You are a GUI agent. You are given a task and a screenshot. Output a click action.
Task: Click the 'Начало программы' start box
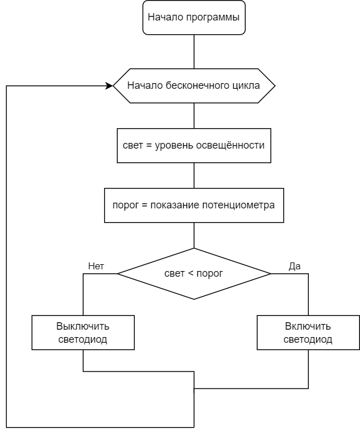click(x=194, y=17)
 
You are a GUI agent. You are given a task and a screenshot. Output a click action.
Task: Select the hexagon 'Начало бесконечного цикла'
click(x=194, y=86)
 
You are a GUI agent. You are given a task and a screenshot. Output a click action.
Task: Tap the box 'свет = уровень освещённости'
click(x=194, y=145)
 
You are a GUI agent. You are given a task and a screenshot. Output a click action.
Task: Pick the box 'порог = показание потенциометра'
click(x=194, y=205)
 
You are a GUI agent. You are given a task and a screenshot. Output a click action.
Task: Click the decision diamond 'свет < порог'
click(x=194, y=273)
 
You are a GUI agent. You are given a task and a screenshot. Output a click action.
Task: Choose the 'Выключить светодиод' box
click(x=83, y=333)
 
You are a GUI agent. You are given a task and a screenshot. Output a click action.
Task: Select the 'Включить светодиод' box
click(x=308, y=333)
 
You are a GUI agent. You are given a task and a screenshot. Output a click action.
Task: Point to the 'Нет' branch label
click(x=96, y=266)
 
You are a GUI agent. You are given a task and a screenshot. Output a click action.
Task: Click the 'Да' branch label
click(x=295, y=266)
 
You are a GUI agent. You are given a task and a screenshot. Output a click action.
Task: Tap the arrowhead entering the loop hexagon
click(x=109, y=86)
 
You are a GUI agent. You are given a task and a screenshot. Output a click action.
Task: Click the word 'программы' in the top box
click(x=214, y=17)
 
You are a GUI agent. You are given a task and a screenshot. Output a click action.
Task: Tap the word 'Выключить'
click(x=83, y=327)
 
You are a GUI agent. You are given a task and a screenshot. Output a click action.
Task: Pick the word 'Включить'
click(x=308, y=327)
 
